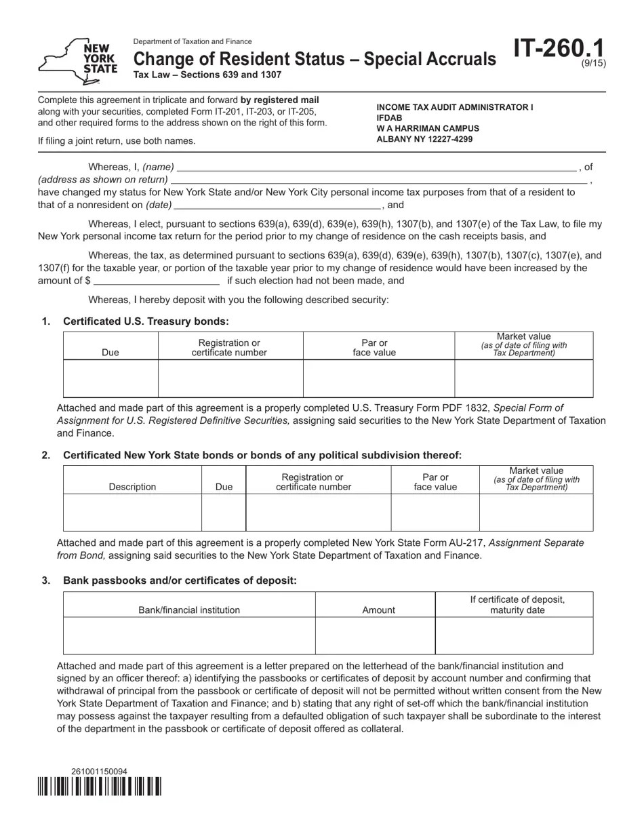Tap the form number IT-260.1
(x=559, y=49)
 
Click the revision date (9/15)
(x=594, y=64)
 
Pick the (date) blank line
(x=277, y=205)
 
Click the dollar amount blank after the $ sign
(x=157, y=281)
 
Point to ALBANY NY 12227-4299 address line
(x=425, y=139)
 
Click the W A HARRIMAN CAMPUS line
(x=428, y=128)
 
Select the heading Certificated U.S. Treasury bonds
(x=146, y=321)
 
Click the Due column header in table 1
(x=110, y=353)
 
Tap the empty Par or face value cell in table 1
(x=378, y=378)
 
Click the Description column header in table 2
(x=132, y=487)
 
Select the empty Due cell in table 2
(x=223, y=512)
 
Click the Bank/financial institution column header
(x=189, y=610)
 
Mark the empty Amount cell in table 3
(x=375, y=635)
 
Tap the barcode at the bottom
(x=99, y=787)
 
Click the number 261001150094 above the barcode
(x=99, y=772)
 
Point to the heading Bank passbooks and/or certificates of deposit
(x=180, y=580)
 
